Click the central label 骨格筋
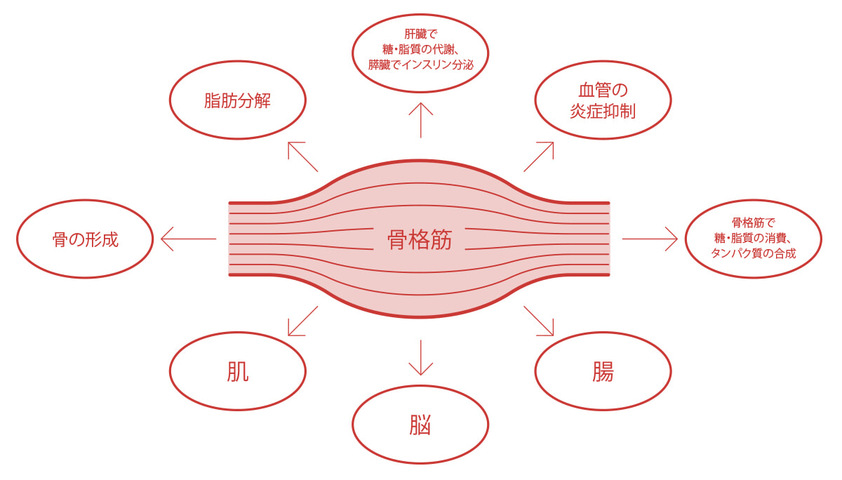[x=420, y=240]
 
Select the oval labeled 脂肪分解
[x=237, y=100]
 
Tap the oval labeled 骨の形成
[x=85, y=239]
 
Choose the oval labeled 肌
[x=237, y=371]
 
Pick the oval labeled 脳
[x=420, y=425]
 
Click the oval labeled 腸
[x=603, y=371]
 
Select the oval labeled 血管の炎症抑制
[x=603, y=100]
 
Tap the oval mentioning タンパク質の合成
[x=753, y=239]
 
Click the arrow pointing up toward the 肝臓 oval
[x=420, y=119]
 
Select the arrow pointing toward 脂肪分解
[x=302, y=156]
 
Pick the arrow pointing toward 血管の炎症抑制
[x=539, y=156]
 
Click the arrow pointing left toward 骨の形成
[x=188, y=239]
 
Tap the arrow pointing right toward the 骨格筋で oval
[x=650, y=239]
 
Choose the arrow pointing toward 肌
[x=302, y=321]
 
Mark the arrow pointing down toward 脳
[x=420, y=358]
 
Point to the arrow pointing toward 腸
[x=539, y=321]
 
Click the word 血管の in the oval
[x=603, y=90]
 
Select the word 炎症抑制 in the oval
[x=603, y=112]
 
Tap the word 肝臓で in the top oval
[x=420, y=34]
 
